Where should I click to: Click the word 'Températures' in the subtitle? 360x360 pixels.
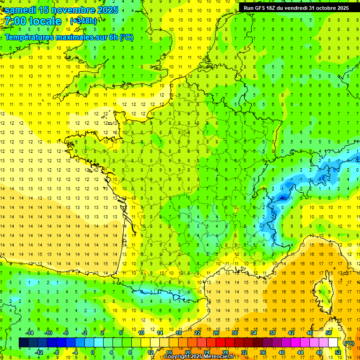click(x=31, y=37)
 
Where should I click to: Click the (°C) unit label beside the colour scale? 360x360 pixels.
click(x=349, y=343)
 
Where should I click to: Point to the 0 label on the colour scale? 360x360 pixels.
click(x=92, y=352)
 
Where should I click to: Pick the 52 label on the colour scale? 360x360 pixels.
click(x=337, y=352)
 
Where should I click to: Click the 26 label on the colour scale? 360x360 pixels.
click(x=216, y=333)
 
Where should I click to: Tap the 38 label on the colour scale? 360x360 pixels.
click(x=272, y=333)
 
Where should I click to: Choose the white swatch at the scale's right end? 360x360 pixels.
click(x=333, y=343)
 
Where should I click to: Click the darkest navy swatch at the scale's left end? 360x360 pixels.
click(x=23, y=343)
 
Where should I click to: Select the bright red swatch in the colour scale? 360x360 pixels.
click(x=220, y=343)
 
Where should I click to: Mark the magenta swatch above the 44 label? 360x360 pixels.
click(x=295, y=343)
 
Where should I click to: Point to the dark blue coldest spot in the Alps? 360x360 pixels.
click(x=283, y=198)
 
